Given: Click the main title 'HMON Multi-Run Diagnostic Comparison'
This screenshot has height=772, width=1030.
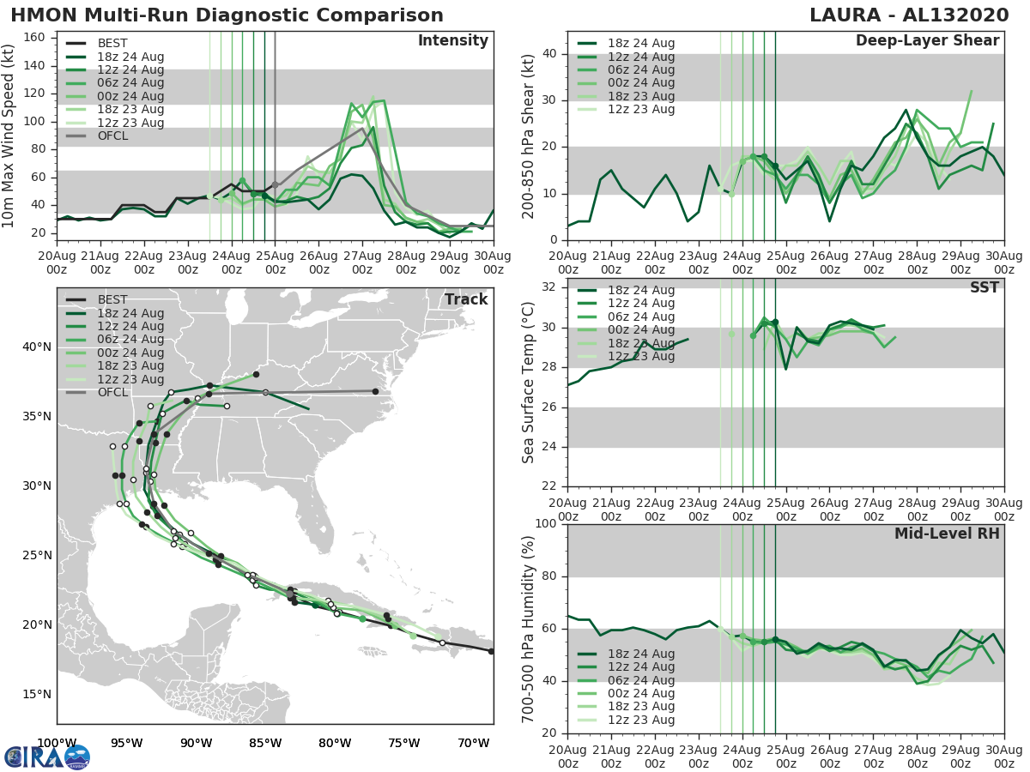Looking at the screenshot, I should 227,15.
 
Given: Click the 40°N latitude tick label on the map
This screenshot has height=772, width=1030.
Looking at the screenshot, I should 35,347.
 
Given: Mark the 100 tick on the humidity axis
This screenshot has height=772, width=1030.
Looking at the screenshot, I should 546,524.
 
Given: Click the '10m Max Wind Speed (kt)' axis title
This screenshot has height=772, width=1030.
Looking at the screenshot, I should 9,135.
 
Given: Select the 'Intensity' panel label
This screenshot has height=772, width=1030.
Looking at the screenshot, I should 452,41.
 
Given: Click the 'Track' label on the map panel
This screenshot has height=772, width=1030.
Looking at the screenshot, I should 466,299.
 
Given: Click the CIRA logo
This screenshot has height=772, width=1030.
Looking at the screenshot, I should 46,757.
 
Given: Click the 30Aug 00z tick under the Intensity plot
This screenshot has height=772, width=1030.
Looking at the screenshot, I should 493,262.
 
